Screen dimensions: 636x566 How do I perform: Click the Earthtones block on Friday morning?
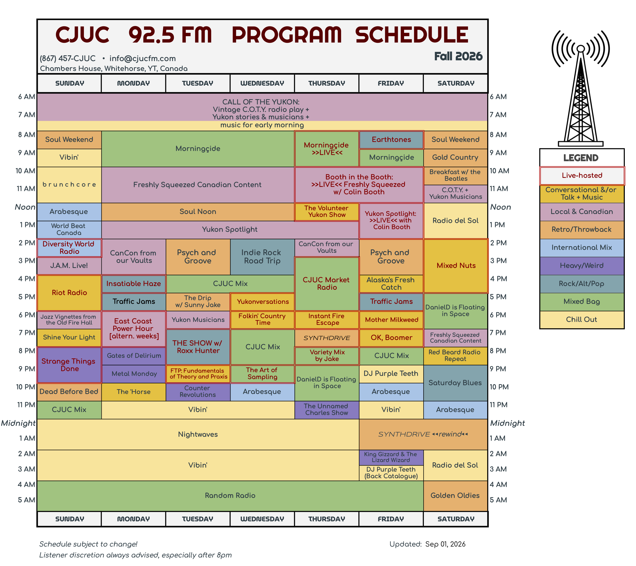391,140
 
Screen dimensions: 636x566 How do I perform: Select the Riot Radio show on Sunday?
69,293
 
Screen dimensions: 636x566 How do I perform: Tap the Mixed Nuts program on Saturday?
456,266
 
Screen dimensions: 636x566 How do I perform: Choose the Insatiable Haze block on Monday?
134,284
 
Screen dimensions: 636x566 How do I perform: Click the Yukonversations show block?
262,302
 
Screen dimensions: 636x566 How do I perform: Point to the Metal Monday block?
134,374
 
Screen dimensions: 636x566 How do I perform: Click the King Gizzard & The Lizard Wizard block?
391,458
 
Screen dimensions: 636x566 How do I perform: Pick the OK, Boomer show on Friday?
391,338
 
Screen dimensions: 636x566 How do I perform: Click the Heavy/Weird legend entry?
582,266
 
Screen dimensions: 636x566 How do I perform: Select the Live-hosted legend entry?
582,175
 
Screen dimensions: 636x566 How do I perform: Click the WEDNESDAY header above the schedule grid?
262,83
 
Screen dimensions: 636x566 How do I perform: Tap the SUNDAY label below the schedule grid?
69,519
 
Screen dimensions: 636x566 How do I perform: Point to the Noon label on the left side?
25,207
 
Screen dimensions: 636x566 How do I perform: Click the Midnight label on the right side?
507,423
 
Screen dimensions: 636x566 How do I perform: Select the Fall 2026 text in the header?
458,56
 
